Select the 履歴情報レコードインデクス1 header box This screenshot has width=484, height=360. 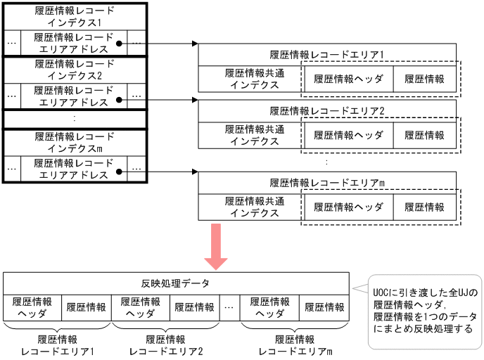coord(74,16)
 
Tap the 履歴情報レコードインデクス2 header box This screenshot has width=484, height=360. coord(74,70)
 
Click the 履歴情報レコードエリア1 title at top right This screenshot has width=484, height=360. coord(327,54)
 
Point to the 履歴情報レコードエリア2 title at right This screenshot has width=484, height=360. coord(327,111)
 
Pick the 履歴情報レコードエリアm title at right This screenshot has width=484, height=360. coord(327,183)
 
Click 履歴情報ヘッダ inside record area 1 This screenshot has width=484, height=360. coord(348,79)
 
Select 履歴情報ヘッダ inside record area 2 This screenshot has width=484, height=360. coord(348,135)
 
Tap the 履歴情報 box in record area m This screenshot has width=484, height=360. coord(424,207)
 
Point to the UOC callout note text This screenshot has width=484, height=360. coord(425,311)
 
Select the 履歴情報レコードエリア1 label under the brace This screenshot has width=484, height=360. coord(58,345)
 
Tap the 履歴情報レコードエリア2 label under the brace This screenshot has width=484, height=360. coord(166,345)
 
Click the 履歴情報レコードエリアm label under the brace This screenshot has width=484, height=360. coord(295,345)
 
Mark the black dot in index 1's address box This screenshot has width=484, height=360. coord(120,44)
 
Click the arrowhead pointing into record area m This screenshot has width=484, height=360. coord(194,171)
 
